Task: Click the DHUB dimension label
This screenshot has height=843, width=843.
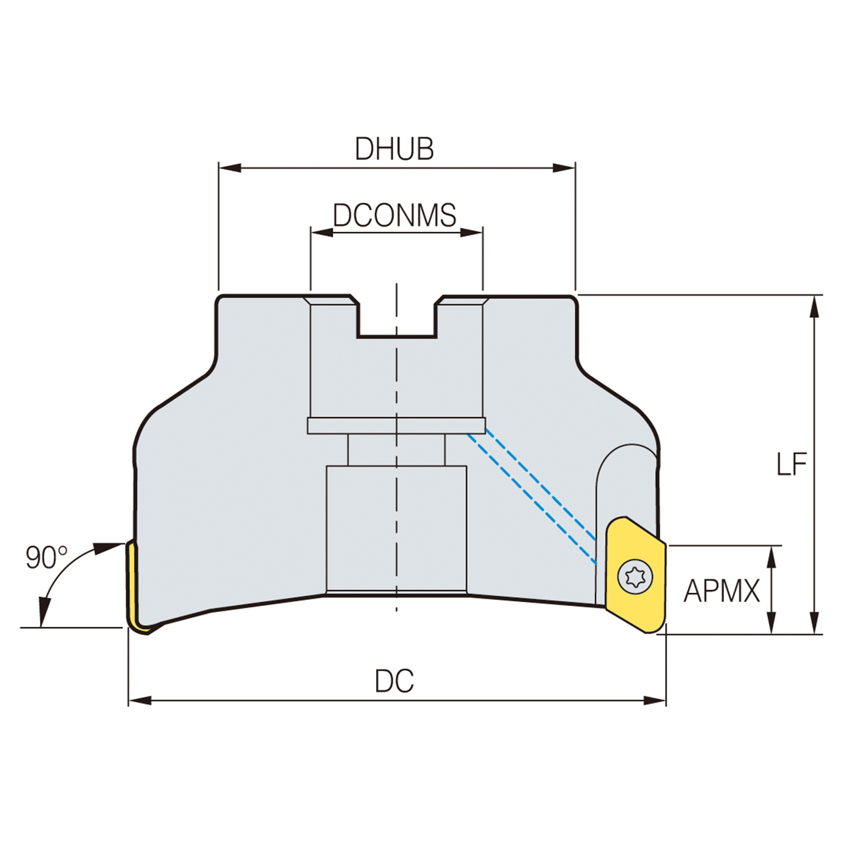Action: [x=394, y=149]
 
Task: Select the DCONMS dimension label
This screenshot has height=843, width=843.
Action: [x=394, y=215]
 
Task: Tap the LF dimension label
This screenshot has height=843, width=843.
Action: [x=791, y=465]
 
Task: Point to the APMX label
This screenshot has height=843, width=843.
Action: [x=721, y=591]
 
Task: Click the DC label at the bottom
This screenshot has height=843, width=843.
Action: [x=394, y=681]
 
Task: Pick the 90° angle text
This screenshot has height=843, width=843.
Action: [x=46, y=558]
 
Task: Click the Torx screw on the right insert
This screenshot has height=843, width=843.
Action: [x=636, y=578]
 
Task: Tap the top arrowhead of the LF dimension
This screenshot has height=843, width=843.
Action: [x=815, y=305]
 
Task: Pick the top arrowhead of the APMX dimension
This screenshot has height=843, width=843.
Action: [x=772, y=555]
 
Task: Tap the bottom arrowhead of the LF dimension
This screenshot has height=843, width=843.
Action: [x=815, y=624]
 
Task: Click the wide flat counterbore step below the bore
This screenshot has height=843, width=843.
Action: [x=396, y=426]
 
